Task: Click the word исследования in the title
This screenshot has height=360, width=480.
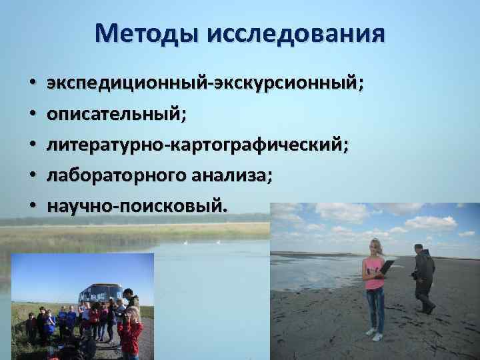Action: tap(295, 33)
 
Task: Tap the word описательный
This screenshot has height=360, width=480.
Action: tap(115, 115)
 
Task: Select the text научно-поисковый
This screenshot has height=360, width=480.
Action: tap(136, 205)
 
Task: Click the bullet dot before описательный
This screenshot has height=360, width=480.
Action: tap(32, 116)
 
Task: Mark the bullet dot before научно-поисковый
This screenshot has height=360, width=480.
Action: tap(32, 206)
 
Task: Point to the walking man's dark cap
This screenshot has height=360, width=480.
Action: tap(418, 247)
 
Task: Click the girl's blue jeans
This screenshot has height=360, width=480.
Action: tap(375, 307)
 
